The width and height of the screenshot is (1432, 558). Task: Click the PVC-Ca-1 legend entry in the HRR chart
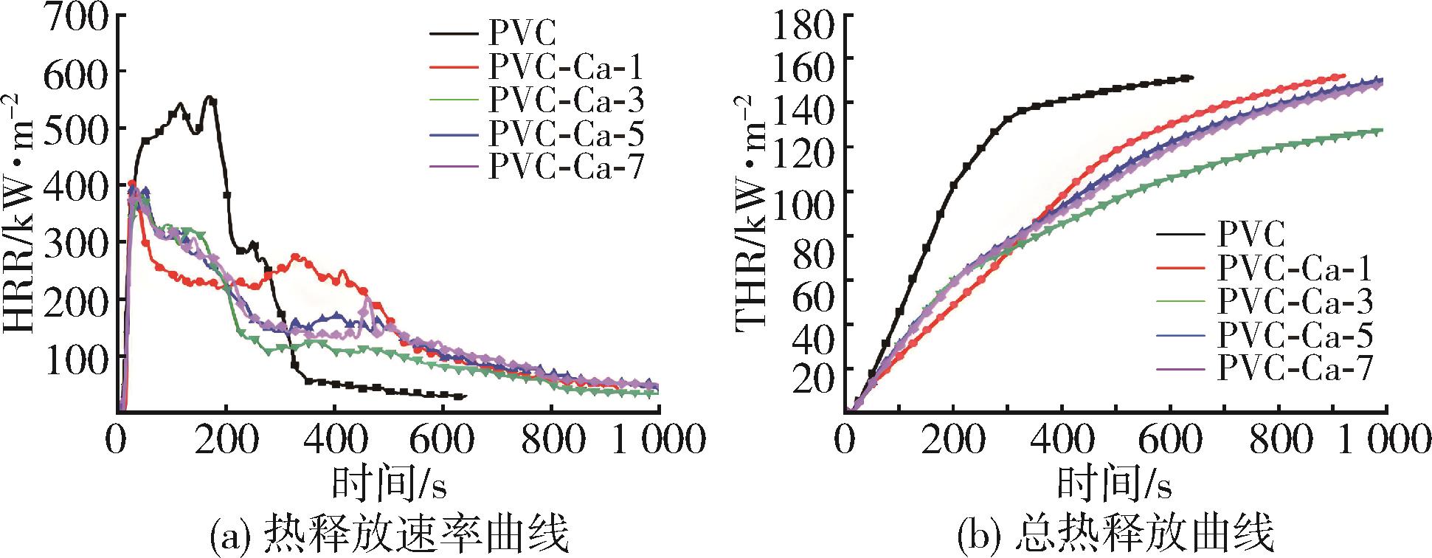(x=564, y=67)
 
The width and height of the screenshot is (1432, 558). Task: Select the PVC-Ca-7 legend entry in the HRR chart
(x=564, y=166)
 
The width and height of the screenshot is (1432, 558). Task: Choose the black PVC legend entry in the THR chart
(x=1251, y=235)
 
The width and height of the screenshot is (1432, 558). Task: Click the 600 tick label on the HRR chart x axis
(x=443, y=441)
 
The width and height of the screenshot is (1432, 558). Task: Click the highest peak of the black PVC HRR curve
(x=210, y=97)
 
